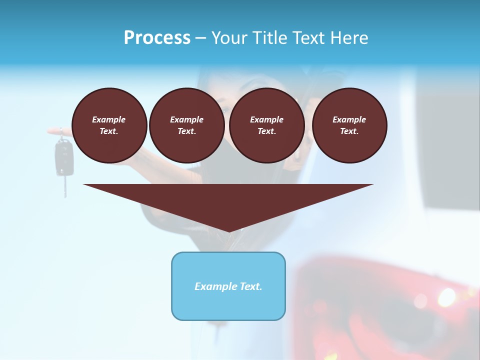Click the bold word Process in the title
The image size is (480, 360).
[x=157, y=38]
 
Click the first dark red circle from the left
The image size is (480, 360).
[x=109, y=125]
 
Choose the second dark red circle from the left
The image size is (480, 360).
[x=186, y=125]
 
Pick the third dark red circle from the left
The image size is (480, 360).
[x=266, y=125]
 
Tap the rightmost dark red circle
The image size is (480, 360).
[x=349, y=125]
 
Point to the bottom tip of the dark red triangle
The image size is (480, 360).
[x=228, y=230]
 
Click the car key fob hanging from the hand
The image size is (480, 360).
[x=63, y=157]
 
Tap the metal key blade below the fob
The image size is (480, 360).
[x=64, y=186]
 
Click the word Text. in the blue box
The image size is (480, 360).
[x=251, y=286]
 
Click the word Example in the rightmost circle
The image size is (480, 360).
[x=349, y=119]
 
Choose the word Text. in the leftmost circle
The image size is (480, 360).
[x=109, y=131]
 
